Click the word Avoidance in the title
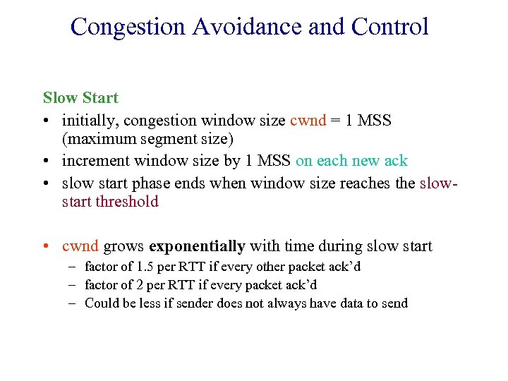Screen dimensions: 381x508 click(248, 27)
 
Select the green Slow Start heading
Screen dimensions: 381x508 click(80, 97)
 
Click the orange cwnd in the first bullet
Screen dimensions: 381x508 click(308, 120)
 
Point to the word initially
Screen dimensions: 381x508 click(89, 120)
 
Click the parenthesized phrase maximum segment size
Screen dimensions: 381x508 click(147, 139)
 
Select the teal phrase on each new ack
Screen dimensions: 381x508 click(351, 161)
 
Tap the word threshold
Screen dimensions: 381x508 click(127, 202)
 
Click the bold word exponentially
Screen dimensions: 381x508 click(197, 246)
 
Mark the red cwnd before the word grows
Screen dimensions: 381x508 click(80, 246)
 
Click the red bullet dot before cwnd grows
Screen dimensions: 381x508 click(47, 246)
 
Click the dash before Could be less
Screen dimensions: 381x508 click(73, 303)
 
